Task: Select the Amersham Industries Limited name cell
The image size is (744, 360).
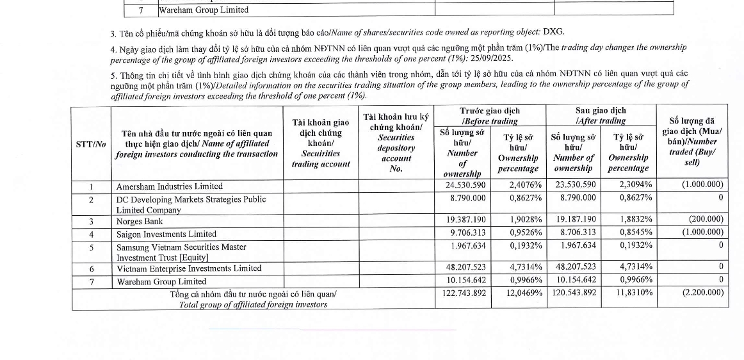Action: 170,186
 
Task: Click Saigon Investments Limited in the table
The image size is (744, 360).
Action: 166,234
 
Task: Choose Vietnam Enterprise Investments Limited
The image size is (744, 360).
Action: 188,268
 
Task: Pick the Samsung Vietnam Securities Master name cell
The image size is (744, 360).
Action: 181,247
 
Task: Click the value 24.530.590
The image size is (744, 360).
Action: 466,186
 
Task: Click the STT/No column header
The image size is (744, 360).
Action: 91,143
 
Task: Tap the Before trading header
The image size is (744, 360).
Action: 490,116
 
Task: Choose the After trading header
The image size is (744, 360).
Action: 601,116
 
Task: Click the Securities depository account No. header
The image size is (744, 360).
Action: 396,142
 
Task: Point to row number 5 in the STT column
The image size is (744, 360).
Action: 91,247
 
